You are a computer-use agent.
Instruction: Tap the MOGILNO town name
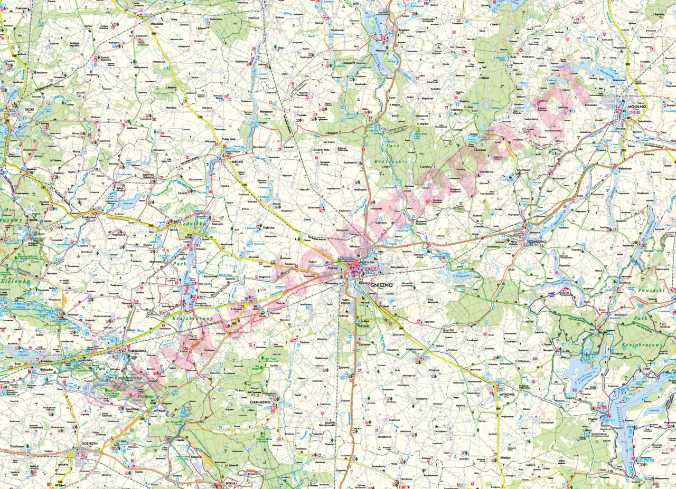pyautogui.click(x=637, y=105)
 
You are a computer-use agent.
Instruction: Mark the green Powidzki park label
pyautogui.click(x=651, y=290)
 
